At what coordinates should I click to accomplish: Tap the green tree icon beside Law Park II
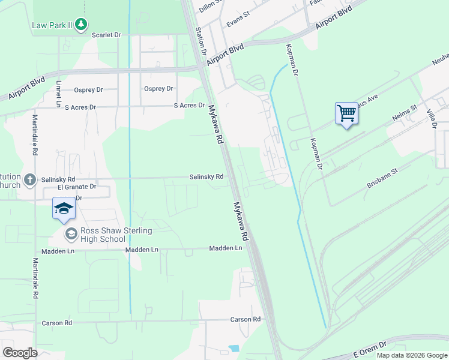point(81,25)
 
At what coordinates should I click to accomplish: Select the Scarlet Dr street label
point(106,35)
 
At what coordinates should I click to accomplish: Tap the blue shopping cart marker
point(346,113)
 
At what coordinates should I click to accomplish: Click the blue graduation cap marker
point(64,208)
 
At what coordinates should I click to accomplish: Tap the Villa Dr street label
point(432,118)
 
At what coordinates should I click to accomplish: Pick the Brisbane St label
point(382,179)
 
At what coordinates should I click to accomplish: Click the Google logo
point(20,352)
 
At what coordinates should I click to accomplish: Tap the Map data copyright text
point(411,355)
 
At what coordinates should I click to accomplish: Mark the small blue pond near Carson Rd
point(234,348)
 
